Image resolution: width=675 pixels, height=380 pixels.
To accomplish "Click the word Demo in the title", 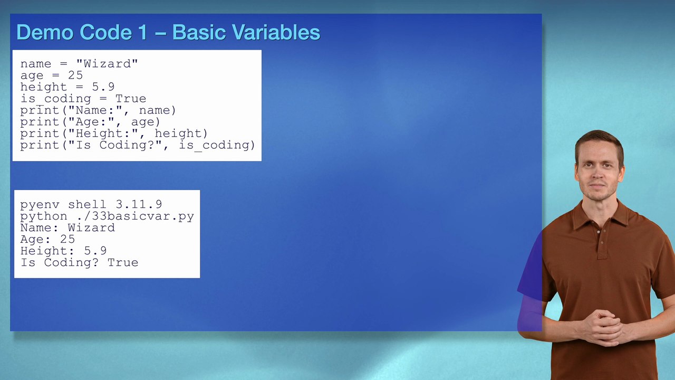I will (45, 33).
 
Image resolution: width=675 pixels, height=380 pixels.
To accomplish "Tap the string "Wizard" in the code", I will (107, 64).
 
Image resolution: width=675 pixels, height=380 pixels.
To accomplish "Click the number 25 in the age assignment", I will (75, 75).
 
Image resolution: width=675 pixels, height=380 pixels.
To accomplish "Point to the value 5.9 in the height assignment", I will (103, 87).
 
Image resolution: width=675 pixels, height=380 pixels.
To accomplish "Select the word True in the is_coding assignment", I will (131, 99).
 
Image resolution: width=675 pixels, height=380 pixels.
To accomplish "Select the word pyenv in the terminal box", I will (40, 205).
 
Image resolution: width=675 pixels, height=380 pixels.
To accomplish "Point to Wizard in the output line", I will (91, 228).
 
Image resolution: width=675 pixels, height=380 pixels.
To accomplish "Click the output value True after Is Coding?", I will (123, 263).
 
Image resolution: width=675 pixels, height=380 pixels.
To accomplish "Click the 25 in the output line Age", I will (67, 240).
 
